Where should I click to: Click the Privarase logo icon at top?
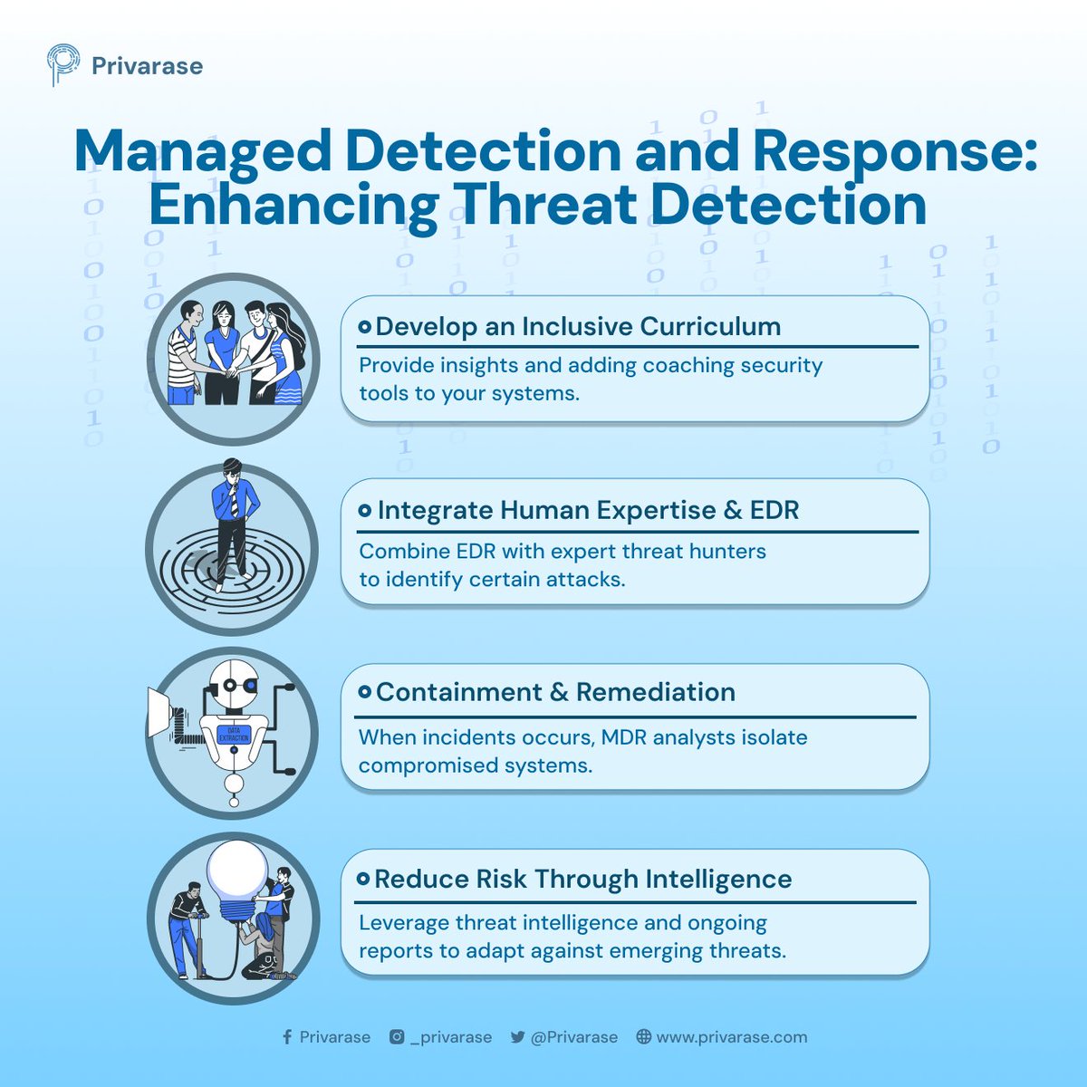(63, 65)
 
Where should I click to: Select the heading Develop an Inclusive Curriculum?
(578, 326)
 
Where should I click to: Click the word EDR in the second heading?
(774, 510)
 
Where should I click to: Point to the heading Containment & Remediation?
(555, 692)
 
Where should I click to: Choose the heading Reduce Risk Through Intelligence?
(582, 879)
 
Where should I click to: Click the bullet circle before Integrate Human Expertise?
(365, 511)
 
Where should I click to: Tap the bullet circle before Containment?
(364, 692)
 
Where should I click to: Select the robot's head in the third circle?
(234, 685)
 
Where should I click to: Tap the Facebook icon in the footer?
(287, 1037)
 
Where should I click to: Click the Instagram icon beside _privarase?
(397, 1037)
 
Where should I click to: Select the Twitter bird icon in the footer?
(517, 1038)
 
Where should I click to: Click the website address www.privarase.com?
(731, 1037)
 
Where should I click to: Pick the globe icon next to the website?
(643, 1037)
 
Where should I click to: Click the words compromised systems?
(475, 765)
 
